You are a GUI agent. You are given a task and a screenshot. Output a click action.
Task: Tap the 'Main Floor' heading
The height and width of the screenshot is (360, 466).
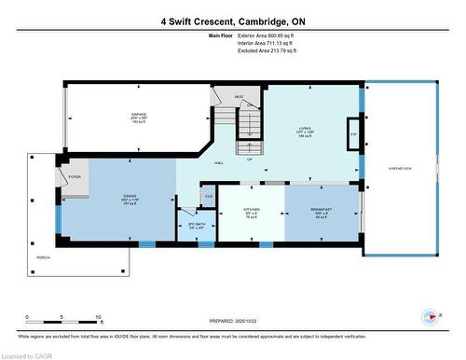tap(220, 35)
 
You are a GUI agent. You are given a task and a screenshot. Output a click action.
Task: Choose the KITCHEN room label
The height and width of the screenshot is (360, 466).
tap(251, 209)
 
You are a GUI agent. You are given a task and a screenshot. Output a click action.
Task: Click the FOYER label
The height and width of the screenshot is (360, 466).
tap(75, 176)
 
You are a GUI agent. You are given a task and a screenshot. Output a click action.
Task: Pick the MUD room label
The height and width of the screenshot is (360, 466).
tap(239, 97)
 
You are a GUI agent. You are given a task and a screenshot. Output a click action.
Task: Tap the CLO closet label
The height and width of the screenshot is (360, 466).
tap(209, 196)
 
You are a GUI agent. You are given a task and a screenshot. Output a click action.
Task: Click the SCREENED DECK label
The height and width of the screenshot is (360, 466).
tap(400, 168)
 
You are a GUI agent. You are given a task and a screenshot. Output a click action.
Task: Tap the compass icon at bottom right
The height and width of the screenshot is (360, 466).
tap(430, 317)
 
